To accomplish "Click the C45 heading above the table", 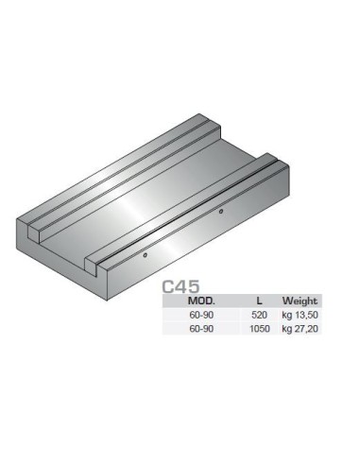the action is coord(180,286).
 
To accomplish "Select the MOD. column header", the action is coord(201,301).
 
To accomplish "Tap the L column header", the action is coord(259,301).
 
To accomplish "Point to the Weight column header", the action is coord(300,301).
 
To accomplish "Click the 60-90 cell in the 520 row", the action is coord(201,315).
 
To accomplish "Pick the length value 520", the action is coord(259,315).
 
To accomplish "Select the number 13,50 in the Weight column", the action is coord(306,315).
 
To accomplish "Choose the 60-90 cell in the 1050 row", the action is coord(201,329).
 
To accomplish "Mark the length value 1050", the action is coord(260,329).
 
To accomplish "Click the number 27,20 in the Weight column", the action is coord(306,329).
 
